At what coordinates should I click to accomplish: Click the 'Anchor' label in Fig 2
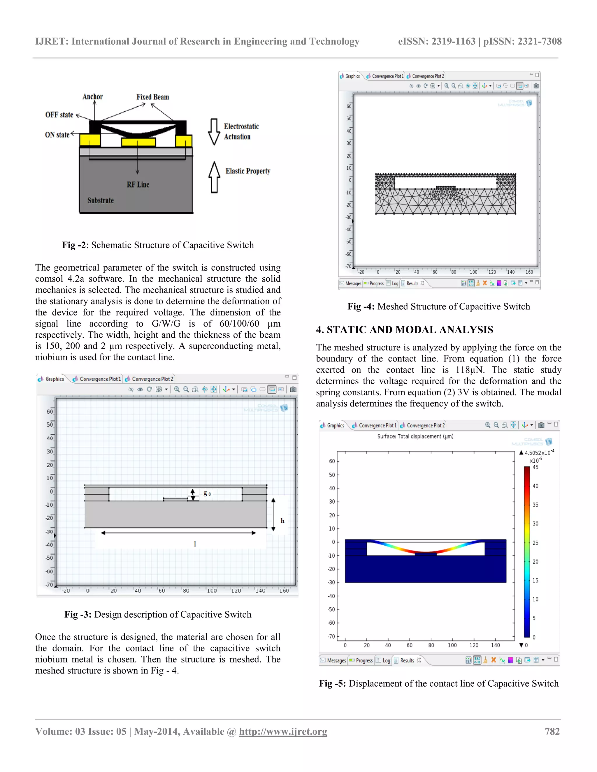click(x=92, y=96)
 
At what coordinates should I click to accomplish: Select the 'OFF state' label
click(x=59, y=114)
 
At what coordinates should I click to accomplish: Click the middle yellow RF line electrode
click(x=138, y=142)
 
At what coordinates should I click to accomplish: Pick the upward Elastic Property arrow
click(x=214, y=177)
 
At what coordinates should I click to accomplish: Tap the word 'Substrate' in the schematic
click(x=101, y=200)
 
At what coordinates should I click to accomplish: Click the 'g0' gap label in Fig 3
click(x=207, y=493)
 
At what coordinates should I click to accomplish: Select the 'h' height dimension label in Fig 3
click(x=282, y=520)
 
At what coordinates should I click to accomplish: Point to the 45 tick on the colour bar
click(x=535, y=467)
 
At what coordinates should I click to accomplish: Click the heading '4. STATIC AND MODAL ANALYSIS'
click(x=404, y=329)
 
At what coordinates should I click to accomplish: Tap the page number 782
click(x=552, y=731)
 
